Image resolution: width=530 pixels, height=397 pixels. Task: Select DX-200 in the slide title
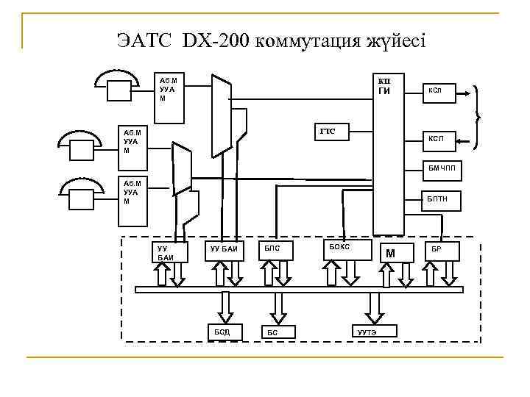[x=216, y=39]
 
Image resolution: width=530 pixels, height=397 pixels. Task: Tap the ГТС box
[x=331, y=132]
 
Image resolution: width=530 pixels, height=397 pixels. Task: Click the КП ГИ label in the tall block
[x=384, y=87]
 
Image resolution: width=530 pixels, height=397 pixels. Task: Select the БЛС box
[x=275, y=250]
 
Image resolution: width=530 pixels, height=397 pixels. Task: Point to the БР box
[x=443, y=250]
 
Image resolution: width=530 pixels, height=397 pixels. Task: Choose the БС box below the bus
[x=278, y=332]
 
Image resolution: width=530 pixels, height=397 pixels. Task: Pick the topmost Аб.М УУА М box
[x=170, y=89]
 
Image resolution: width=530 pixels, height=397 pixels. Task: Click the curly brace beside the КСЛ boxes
[x=480, y=104]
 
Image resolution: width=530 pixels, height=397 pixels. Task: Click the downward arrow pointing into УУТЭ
[x=374, y=307]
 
